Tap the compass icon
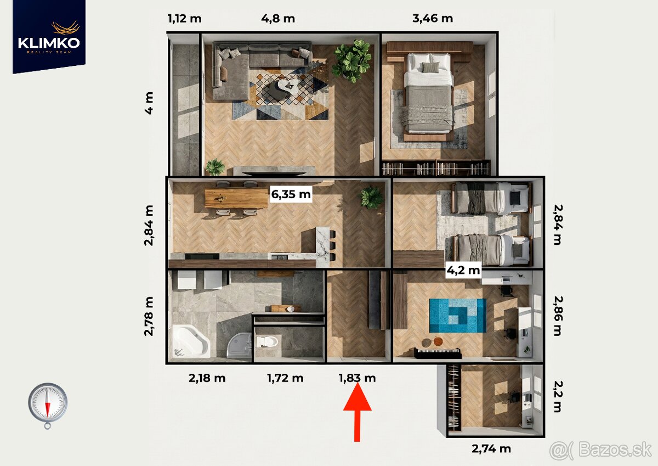coord(48,404)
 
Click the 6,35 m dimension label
coord(291,194)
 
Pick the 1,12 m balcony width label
coord(184,18)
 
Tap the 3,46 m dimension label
coord(432,18)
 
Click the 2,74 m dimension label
coord(491,448)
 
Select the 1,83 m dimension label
coord(357,378)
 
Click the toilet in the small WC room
coord(267,342)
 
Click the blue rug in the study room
coord(457,315)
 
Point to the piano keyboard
coord(437,353)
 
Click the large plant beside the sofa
coord(351,60)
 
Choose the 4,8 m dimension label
coord(278,18)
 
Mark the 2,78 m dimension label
coord(149,316)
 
